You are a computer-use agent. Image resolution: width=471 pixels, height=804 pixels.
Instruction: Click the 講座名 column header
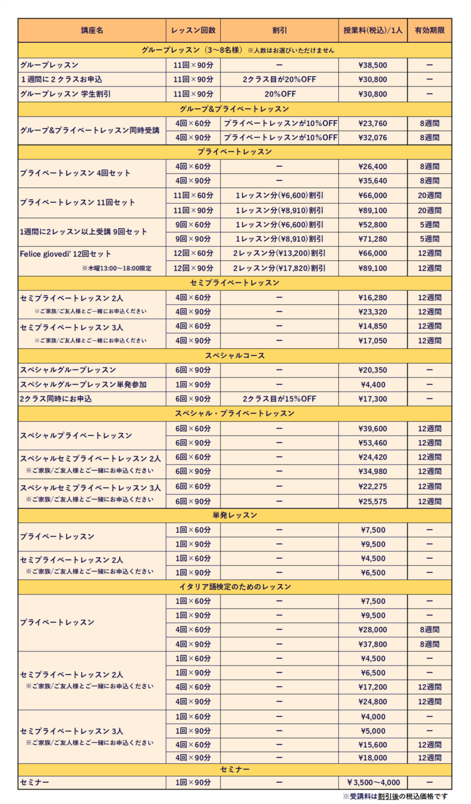92,31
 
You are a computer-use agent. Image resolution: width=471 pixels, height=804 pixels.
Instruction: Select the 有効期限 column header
430,31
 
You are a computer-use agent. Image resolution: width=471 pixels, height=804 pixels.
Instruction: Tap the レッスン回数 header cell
193,31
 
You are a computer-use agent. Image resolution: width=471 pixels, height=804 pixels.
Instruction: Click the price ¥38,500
373,65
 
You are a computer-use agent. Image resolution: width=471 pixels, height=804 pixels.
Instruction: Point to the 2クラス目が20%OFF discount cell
279,79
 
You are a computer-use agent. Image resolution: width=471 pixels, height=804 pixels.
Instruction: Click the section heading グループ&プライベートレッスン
234,108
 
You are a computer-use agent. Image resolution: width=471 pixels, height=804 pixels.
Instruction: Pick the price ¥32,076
373,137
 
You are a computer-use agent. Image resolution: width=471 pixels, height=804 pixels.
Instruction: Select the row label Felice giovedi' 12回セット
65,253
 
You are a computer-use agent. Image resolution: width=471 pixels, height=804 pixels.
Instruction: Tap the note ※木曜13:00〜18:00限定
117,268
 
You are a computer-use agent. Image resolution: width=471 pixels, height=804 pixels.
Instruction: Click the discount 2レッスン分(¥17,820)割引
279,268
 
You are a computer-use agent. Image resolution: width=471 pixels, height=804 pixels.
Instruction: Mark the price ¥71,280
373,239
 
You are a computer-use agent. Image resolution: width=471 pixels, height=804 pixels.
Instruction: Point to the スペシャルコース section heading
234,355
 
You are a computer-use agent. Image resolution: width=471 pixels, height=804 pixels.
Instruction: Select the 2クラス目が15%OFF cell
279,399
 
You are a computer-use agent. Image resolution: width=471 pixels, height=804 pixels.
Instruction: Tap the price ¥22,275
373,486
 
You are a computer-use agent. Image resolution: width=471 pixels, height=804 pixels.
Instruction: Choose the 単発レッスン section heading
234,515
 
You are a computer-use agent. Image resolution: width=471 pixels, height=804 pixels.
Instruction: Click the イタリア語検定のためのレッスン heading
234,587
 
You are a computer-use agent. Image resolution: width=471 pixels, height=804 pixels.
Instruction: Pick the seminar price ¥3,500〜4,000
373,782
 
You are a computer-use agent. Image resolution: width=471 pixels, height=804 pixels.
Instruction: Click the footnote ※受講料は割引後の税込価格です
395,796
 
